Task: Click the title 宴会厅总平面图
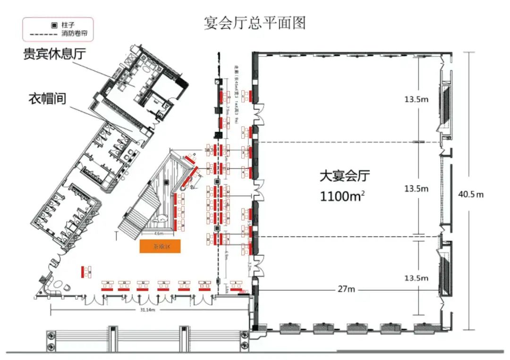[x=255, y=23]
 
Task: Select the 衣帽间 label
[x=46, y=99]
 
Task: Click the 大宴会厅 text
[x=345, y=176]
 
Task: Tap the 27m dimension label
[x=346, y=289]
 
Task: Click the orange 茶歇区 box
[x=160, y=246]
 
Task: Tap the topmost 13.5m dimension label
[x=416, y=100]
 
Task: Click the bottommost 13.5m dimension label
[x=416, y=278]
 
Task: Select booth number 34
[x=108, y=283]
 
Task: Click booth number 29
[x=204, y=283]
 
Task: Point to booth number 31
[x=164, y=283]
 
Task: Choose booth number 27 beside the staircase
[x=183, y=212]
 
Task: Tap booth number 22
[x=208, y=240]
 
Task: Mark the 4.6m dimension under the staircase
[x=159, y=234]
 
